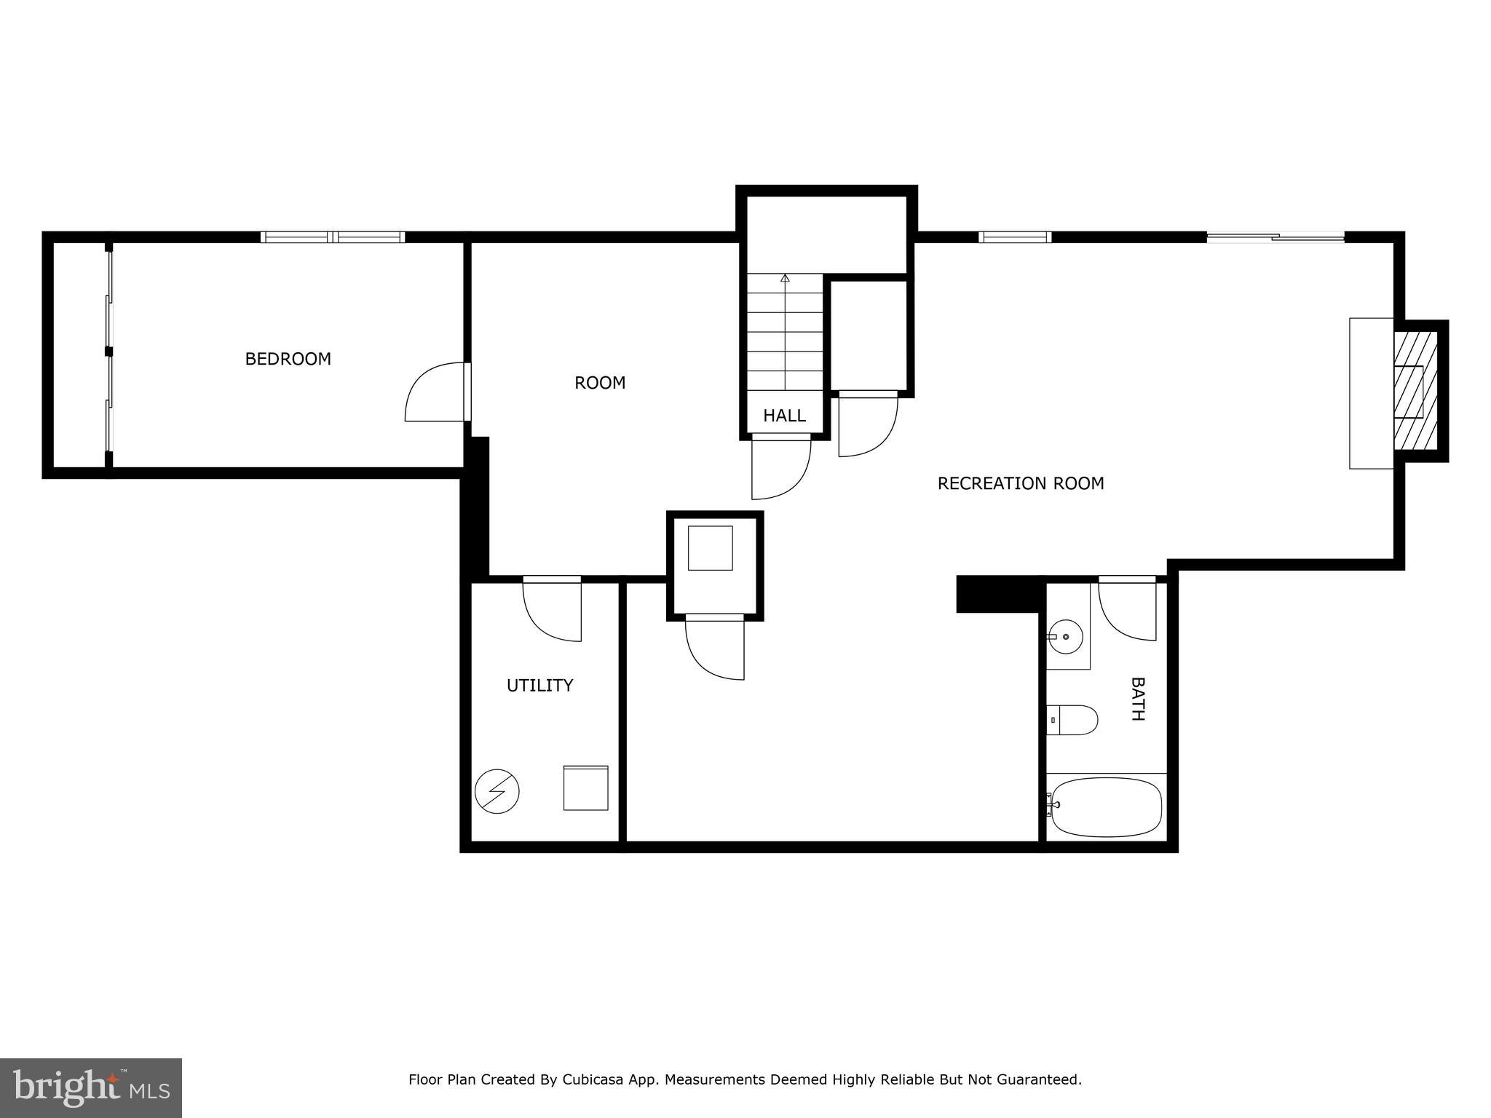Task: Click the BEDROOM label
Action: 288,359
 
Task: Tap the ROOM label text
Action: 600,383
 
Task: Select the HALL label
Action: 784,416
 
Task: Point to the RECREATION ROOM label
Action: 1020,483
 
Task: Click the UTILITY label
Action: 539,685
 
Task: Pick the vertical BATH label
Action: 1137,699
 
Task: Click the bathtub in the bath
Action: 1105,807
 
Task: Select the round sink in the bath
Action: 1066,637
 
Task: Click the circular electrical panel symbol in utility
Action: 497,791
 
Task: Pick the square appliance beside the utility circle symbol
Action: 585,788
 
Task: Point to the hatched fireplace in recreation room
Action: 1415,391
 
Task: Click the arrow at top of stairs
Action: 785,279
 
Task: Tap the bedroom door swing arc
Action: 435,392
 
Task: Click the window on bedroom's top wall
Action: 332,237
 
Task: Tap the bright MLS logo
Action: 90,1087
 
